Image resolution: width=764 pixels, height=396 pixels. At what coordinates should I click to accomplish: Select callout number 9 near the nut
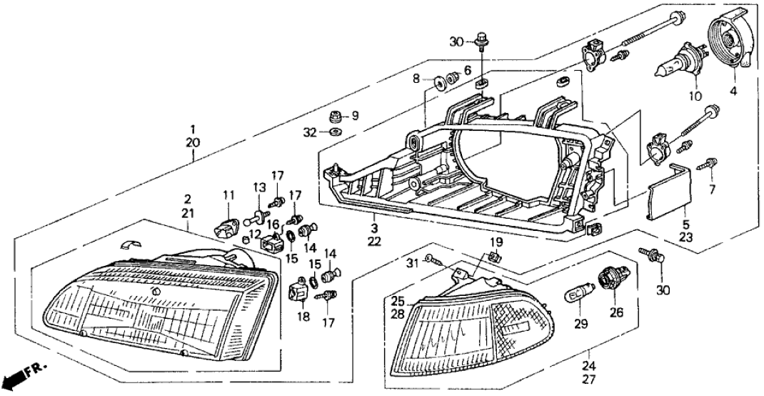356,115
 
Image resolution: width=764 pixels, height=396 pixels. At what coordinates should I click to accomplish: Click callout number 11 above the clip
228,195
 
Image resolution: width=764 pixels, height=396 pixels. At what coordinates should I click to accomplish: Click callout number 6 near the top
468,70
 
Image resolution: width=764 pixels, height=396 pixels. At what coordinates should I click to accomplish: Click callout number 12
255,234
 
